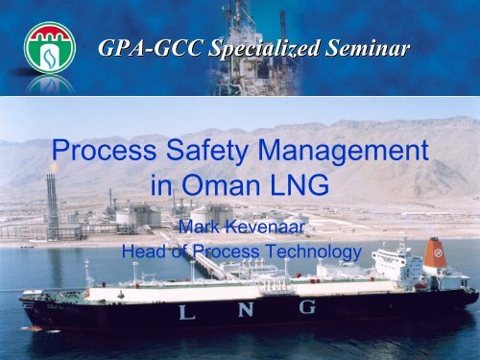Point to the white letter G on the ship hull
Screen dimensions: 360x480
[308, 307]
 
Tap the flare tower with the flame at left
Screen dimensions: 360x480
[52, 202]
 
